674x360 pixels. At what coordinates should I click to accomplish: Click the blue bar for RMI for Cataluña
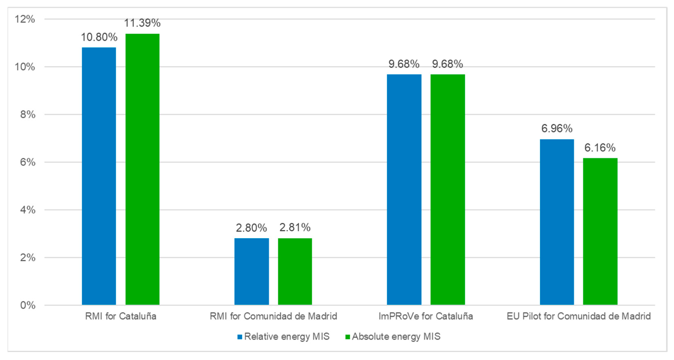[x=99, y=176]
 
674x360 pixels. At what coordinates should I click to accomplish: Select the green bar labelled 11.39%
[x=142, y=169]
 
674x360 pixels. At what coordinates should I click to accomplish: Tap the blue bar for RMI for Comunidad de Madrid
[x=251, y=271]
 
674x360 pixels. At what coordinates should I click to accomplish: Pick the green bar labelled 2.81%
[x=295, y=271]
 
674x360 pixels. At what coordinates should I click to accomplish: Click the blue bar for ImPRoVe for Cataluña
[x=404, y=190]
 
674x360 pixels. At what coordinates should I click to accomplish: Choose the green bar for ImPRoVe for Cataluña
[x=448, y=190]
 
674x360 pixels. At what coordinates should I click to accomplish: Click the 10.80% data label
[x=99, y=37]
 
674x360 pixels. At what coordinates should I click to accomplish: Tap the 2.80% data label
[x=251, y=228]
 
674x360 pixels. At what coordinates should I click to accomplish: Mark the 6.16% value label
[x=600, y=148]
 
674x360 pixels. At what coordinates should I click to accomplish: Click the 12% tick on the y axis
[x=25, y=19]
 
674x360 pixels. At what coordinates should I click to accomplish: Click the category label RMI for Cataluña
[x=121, y=316]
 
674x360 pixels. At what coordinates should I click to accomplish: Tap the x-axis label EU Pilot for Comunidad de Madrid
[x=579, y=316]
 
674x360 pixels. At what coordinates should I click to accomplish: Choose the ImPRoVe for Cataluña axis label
[x=426, y=316]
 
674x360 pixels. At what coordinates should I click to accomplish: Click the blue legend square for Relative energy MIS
[x=240, y=337]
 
